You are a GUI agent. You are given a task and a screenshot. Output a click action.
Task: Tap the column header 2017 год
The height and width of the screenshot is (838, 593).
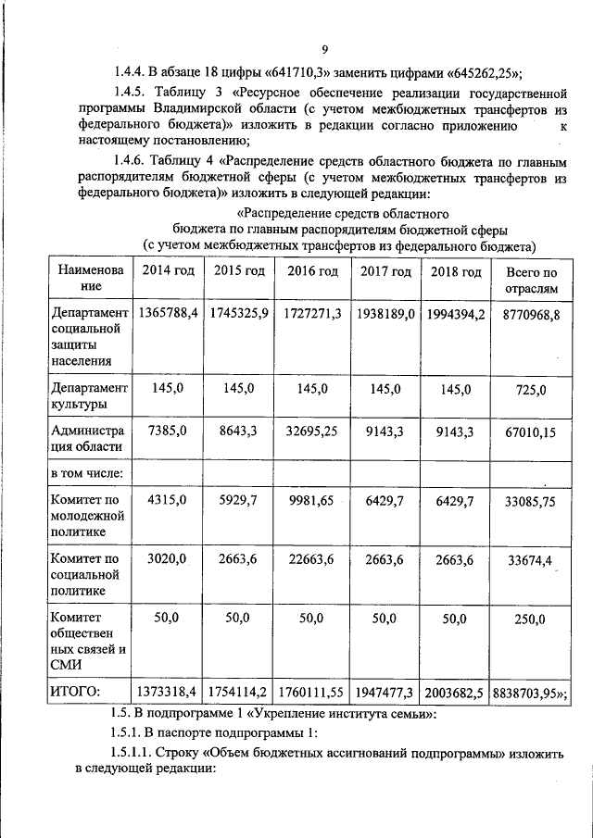[385, 271]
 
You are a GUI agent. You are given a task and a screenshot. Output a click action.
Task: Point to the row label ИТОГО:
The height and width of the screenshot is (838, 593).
[75, 691]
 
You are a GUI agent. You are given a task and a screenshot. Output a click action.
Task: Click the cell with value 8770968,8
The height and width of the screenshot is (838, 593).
[531, 315]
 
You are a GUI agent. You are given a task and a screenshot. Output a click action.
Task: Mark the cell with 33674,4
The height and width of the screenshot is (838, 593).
[531, 559]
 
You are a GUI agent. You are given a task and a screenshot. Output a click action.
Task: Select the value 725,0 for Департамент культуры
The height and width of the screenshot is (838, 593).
[531, 389]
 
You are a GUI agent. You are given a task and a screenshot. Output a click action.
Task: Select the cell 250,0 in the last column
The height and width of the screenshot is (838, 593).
[531, 619]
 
